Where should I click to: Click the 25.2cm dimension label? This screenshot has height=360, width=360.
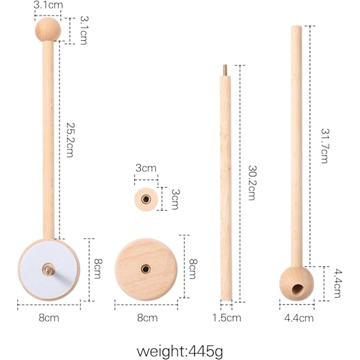[x=70, y=140]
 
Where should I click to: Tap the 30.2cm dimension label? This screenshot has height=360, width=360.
[x=252, y=183]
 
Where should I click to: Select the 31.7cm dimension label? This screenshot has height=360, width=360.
[x=324, y=146]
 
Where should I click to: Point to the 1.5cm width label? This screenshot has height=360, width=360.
[x=226, y=318]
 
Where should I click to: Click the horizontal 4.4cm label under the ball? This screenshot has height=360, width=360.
[x=299, y=318]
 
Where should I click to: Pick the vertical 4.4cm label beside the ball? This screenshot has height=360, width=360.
[x=337, y=284]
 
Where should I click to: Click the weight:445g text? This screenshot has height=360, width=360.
[x=180, y=351]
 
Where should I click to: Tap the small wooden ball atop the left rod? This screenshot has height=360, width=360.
[x=48, y=29]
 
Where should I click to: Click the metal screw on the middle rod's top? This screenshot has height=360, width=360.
[x=225, y=70]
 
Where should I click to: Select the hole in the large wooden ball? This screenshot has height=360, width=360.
[x=298, y=289]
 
